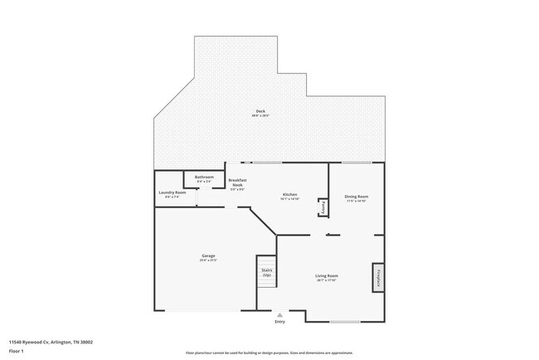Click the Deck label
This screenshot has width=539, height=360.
(x=260, y=111)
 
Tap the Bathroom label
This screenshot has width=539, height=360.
(x=204, y=177)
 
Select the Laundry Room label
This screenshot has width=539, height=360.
(x=172, y=192)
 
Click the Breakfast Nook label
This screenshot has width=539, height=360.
(x=238, y=182)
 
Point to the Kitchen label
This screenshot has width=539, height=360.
(x=289, y=195)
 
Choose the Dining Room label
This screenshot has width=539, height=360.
(x=356, y=196)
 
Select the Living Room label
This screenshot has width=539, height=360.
(x=326, y=275)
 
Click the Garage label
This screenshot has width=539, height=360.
(x=208, y=255)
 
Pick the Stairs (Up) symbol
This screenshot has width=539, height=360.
(x=267, y=272)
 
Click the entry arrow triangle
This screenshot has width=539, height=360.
(x=280, y=315)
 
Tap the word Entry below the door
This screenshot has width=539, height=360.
(x=280, y=322)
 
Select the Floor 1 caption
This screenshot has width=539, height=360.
(x=17, y=352)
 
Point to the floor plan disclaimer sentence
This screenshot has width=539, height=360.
(x=269, y=352)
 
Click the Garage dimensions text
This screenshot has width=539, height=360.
(x=208, y=260)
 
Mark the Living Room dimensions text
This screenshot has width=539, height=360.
(x=326, y=280)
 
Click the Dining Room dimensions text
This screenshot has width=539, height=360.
(x=356, y=201)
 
